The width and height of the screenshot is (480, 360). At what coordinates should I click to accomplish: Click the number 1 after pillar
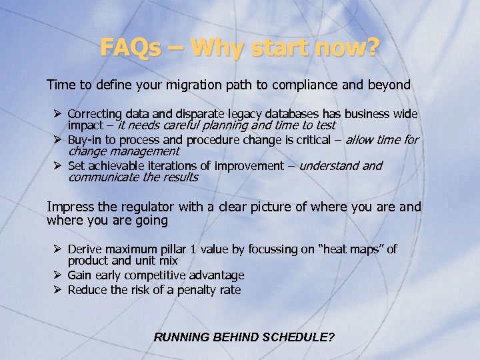tap(193, 249)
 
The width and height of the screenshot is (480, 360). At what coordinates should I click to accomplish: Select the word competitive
tap(154, 275)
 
